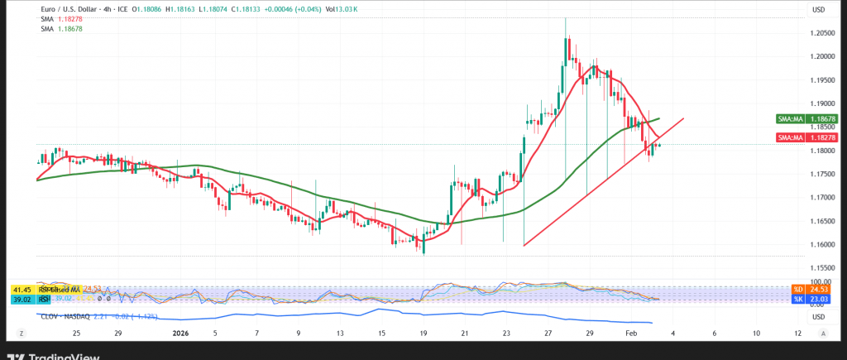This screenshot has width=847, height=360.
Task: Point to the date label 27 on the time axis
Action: pos(548,332)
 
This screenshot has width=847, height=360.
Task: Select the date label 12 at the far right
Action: pos(797,332)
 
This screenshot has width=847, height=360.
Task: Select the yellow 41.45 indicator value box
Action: pos(21,289)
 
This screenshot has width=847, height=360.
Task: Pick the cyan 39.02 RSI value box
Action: pos(21,298)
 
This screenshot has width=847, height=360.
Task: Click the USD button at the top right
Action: pos(820,10)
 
